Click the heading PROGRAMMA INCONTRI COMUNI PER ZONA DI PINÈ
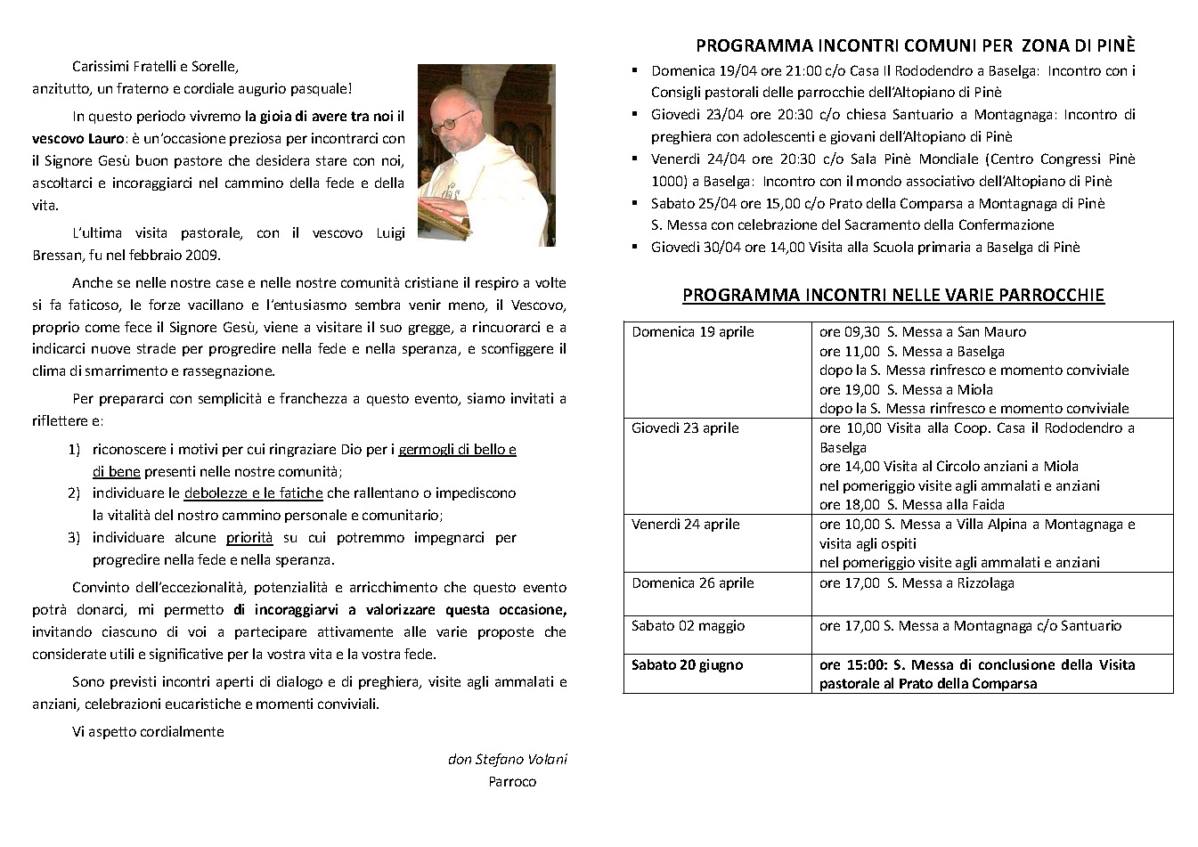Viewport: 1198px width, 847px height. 915,46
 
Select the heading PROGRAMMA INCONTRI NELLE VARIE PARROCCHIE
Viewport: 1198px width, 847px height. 892,295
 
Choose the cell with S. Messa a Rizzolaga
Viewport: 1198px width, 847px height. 917,583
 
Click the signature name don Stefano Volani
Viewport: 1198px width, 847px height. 507,760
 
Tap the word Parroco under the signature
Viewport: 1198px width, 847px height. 512,782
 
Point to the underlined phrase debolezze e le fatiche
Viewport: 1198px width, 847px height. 253,493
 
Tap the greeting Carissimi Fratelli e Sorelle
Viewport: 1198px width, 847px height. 155,67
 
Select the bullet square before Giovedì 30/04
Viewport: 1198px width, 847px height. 634,246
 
